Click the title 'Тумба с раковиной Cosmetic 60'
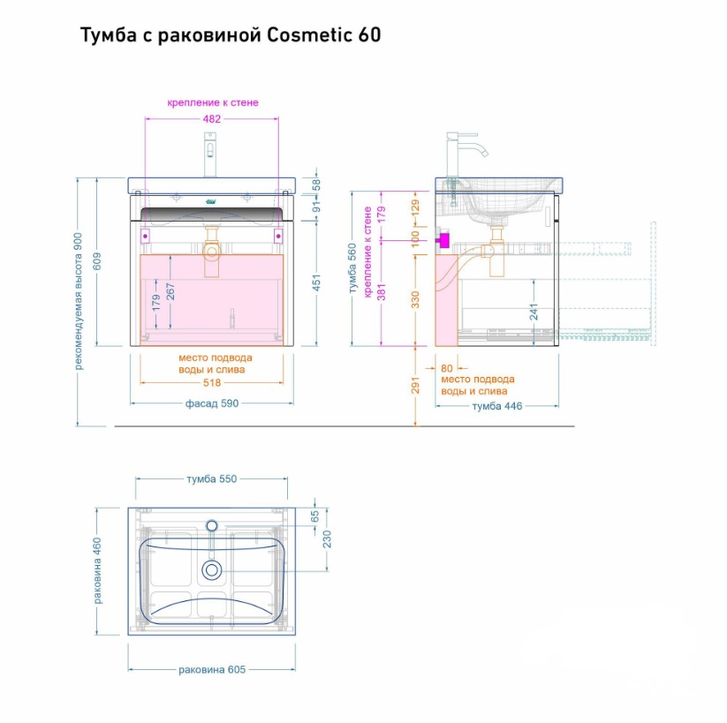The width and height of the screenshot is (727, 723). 231,35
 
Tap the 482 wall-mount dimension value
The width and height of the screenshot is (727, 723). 212,118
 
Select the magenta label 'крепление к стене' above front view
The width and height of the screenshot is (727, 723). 213,102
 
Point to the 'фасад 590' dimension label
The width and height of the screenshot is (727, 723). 212,403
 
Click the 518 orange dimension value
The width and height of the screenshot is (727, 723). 212,383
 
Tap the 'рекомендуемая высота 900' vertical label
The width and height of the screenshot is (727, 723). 79,301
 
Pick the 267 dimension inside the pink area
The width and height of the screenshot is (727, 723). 170,291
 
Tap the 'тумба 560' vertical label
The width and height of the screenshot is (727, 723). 352,268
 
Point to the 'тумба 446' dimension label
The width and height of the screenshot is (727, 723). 496,406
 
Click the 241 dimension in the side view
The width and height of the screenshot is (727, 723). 534,312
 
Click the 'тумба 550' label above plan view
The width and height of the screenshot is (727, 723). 212,478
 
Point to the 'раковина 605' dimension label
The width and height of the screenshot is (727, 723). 212,669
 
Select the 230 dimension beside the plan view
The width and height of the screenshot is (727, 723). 327,539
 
